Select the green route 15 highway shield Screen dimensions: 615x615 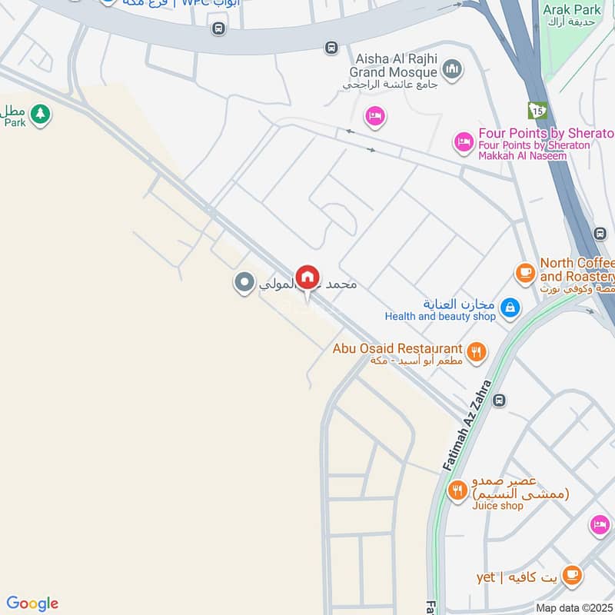coord(537,111)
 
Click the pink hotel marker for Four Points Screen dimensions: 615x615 coord(464,142)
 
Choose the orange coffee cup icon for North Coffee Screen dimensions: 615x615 coord(525,272)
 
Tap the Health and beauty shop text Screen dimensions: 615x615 coord(440,316)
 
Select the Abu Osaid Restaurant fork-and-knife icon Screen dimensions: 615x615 coord(477,352)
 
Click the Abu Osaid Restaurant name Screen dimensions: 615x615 coord(397,349)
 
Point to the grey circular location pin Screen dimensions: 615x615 coord(244,283)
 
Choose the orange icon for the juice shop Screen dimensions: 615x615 coord(458,490)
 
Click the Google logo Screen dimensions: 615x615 coord(32,603)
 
